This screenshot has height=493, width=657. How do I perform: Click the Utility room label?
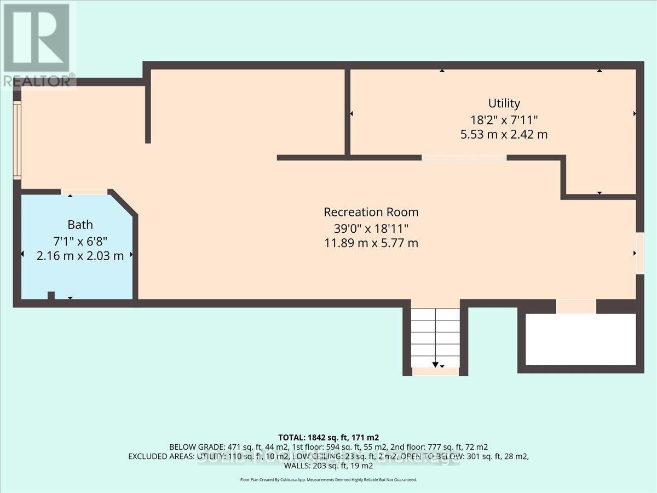504,103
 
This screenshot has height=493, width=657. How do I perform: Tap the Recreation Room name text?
371,212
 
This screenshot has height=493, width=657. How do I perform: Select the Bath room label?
80,225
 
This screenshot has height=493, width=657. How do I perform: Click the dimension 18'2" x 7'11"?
504,119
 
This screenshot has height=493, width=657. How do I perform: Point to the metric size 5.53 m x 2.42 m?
504,134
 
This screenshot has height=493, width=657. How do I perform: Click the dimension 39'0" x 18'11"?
371,228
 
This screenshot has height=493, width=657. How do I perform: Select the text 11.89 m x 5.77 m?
371,243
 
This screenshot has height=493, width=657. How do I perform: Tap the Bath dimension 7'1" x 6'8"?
80,240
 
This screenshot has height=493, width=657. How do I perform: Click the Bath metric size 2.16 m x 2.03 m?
80,256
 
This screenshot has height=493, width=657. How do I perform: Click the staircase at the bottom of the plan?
435,337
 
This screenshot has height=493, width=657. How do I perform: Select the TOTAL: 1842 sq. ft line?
328,438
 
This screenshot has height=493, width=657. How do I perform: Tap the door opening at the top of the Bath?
84,192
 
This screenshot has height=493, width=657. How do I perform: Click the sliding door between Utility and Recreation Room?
464,158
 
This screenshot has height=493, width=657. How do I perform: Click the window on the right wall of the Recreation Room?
639,253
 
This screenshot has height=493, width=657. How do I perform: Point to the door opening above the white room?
576,306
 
